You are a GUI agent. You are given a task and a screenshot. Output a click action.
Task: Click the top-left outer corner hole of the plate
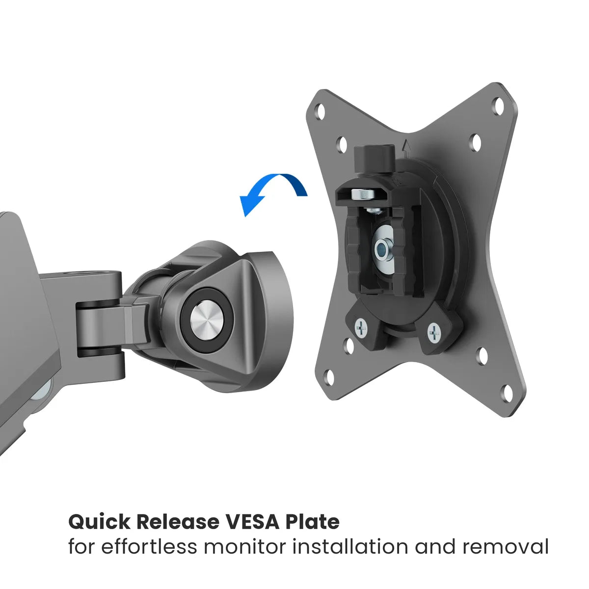[x=320, y=111]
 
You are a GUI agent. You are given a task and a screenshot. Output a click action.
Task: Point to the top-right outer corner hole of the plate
[x=499, y=106]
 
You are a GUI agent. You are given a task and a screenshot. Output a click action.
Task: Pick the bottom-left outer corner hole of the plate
[x=329, y=377]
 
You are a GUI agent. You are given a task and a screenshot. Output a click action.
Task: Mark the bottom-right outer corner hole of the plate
[x=507, y=393]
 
